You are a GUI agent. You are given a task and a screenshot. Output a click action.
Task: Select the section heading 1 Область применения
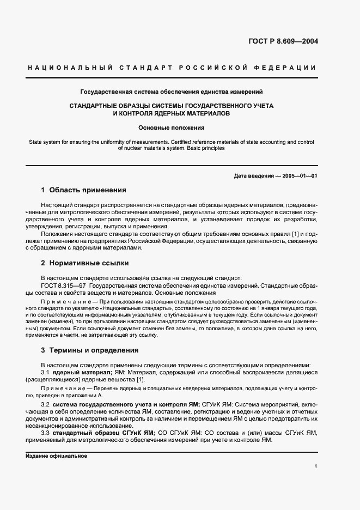point(83,190)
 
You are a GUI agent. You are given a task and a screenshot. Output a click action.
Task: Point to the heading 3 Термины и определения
point(90,350)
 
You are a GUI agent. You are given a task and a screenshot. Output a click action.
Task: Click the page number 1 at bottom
point(316,466)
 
